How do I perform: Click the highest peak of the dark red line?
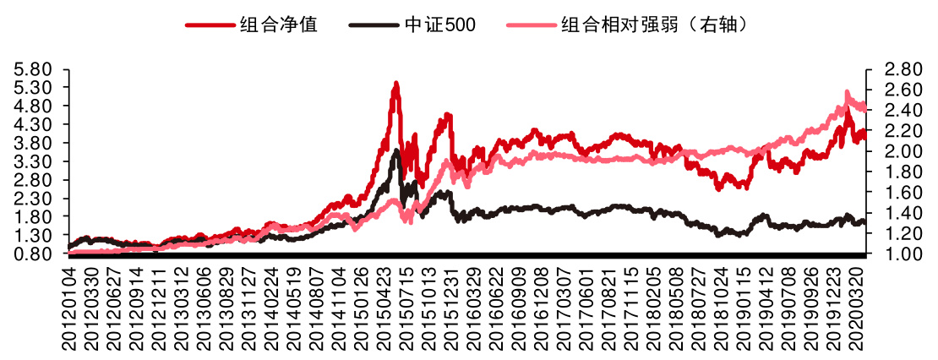(395, 83)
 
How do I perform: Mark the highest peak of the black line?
(396, 150)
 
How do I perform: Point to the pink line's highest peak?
(848, 91)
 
